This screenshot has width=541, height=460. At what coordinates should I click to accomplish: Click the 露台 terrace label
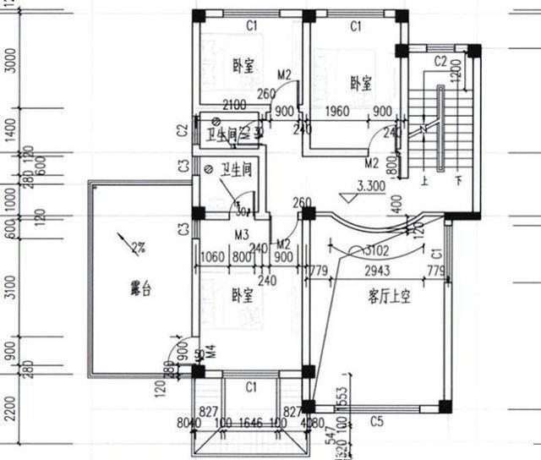[x=140, y=290]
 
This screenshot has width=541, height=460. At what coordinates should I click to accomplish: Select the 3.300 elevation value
[x=372, y=186]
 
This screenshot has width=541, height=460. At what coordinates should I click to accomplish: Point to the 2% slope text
[x=137, y=248]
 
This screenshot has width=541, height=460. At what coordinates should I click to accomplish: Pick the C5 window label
[x=377, y=421]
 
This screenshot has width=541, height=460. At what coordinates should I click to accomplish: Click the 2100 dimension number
[x=234, y=105]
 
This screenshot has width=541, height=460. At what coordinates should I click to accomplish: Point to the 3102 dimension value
[x=377, y=251]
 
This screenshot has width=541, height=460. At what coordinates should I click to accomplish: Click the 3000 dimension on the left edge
[x=9, y=59]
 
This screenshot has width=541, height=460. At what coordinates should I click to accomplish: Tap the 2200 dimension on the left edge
[x=9, y=413]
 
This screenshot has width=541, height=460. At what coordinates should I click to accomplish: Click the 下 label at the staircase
[x=458, y=180]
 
